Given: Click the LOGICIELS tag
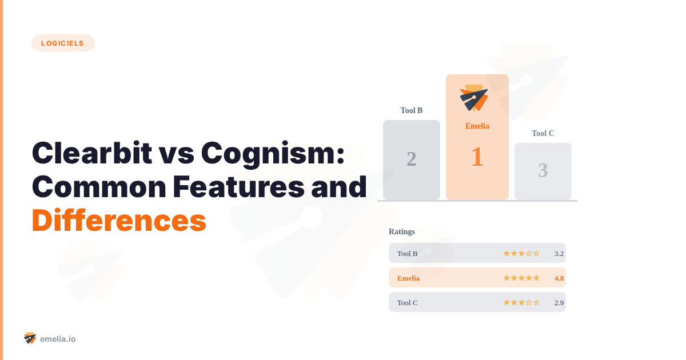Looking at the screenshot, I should pos(63,43).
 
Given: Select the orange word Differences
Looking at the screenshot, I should pos(119,221).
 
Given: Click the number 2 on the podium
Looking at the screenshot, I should pos(412,159).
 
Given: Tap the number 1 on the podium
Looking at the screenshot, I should pos(477,157).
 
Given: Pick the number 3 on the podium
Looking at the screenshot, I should pos(543,170).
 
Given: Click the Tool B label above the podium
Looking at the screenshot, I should pos(412,110).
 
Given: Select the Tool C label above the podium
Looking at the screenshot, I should pos(543,133).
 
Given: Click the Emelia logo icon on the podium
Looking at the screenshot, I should pos(474,98).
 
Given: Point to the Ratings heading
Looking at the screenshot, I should pos(402,231).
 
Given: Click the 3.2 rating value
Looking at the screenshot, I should pos(559,253).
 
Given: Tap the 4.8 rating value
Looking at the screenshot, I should pos(559,278).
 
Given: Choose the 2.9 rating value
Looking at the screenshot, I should pos(559,302).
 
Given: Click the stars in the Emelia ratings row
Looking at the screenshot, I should pos(521,278).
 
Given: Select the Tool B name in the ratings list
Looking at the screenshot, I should pos(408,253).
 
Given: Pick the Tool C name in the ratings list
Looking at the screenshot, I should pos(408,302).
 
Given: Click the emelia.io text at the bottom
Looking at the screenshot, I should pos(58,339).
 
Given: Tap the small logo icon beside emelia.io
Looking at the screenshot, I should pos(30,338).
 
